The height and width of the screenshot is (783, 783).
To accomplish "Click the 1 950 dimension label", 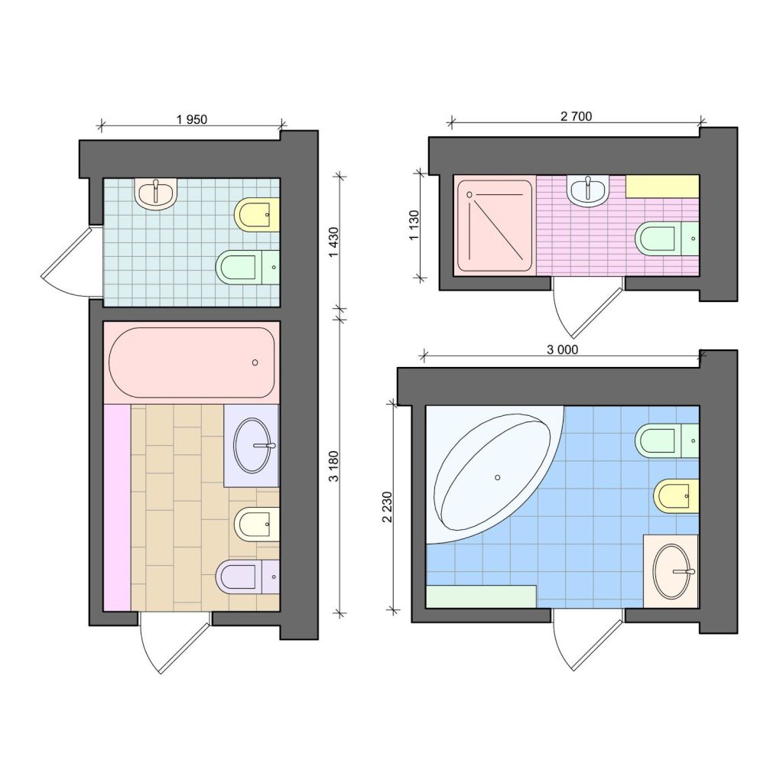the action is click(x=192, y=119).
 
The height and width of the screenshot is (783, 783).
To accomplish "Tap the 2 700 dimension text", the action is click(x=577, y=116).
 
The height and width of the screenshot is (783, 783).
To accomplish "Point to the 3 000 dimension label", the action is click(x=562, y=349).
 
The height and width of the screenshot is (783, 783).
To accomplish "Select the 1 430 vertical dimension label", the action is click(x=333, y=242).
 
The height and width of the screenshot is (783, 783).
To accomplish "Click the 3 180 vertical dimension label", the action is click(x=333, y=466).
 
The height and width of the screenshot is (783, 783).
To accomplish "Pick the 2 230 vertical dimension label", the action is click(x=387, y=507).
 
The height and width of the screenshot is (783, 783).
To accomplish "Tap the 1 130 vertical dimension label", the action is click(x=414, y=226).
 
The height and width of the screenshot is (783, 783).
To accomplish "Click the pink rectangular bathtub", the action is click(x=192, y=362).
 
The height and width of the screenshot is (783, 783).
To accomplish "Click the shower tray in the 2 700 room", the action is click(x=495, y=226).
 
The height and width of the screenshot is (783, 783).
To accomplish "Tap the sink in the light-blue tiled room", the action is click(x=156, y=193).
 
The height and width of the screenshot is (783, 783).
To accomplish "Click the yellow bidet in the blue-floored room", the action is click(x=676, y=495).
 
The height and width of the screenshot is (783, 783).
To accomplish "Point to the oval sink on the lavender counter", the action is click(x=252, y=446).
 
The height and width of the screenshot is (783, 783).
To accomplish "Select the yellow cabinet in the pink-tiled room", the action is click(x=662, y=186).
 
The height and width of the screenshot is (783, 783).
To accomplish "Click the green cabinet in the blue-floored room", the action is click(x=482, y=596).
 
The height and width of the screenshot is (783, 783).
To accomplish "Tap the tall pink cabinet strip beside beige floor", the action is click(x=117, y=507).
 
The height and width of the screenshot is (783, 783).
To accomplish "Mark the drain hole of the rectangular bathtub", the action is click(x=255, y=362).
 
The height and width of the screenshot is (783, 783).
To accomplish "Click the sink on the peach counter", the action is click(x=672, y=572).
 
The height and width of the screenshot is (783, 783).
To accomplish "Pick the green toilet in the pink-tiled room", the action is click(x=667, y=239).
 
